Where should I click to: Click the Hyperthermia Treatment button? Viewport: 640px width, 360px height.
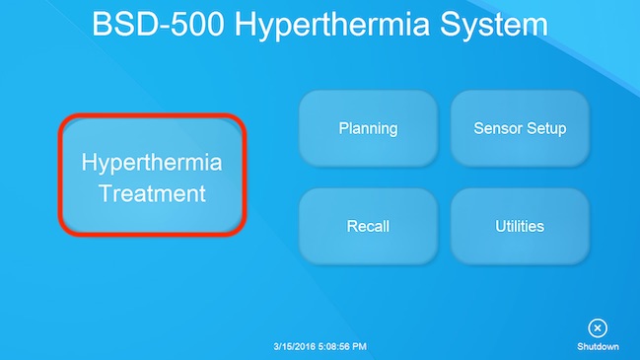pyautogui.click(x=151, y=176)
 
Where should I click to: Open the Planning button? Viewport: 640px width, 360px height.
pyautogui.click(x=368, y=128)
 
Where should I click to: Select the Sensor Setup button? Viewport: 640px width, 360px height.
pyautogui.click(x=520, y=128)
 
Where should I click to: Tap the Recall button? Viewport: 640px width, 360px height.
pyautogui.click(x=368, y=226)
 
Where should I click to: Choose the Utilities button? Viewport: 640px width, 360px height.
pyautogui.click(x=520, y=226)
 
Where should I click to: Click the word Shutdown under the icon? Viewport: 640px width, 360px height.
pyautogui.click(x=598, y=347)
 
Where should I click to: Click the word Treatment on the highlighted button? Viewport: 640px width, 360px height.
pyautogui.click(x=152, y=192)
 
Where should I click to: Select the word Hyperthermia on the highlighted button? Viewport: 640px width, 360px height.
pyautogui.click(x=152, y=161)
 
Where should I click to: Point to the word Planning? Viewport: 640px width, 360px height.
pyautogui.click(x=368, y=128)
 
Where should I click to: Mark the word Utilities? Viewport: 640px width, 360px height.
pyautogui.click(x=520, y=226)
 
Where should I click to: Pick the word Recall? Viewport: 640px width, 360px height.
pyautogui.click(x=368, y=226)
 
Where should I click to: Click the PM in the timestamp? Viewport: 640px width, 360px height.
pyautogui.click(x=359, y=347)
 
